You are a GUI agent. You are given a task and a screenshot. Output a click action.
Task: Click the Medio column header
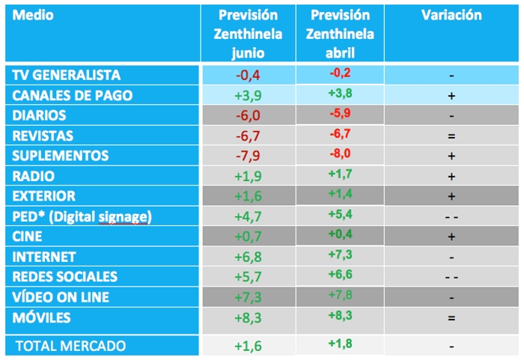point(33,15)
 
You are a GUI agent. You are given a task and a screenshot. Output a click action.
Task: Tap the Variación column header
point(451,15)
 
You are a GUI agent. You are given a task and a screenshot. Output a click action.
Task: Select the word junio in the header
point(248,53)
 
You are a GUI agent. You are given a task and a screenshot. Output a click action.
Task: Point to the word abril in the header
point(340,53)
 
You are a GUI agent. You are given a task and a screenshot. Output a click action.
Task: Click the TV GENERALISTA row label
point(66,75)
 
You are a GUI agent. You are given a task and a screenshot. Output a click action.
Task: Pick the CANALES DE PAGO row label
point(72,95)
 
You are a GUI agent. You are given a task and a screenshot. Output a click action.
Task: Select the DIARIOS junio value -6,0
point(248,116)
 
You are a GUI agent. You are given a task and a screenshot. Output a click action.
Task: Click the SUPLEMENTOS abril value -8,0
point(340,153)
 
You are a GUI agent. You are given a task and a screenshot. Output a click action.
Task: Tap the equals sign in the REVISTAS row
point(451,136)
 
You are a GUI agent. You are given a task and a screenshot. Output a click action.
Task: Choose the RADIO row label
point(33,176)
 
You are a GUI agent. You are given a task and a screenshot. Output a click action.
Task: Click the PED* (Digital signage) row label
point(82,217)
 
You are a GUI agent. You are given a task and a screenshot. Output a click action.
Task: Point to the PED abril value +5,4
point(340,214)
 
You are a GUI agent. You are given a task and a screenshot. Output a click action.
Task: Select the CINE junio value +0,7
point(248,237)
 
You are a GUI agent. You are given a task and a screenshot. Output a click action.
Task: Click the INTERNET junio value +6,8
point(248,257)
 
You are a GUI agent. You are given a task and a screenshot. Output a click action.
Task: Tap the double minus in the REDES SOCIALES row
point(451,278)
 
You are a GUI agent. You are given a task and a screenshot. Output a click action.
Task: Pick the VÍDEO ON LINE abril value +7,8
point(340,295)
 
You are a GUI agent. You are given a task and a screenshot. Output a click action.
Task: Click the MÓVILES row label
point(41,317)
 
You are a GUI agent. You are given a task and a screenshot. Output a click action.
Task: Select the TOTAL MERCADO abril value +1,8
point(340,344)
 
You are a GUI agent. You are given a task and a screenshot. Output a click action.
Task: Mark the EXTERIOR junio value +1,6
point(248,196)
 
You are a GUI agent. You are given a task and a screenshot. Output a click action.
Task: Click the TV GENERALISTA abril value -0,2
point(340,73)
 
